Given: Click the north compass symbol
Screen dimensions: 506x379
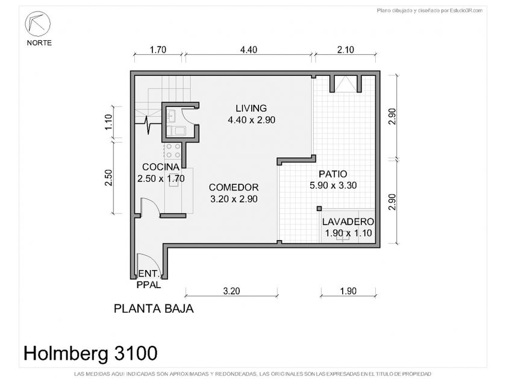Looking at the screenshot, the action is (38, 23).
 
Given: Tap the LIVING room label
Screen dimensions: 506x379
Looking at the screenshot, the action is (251, 108).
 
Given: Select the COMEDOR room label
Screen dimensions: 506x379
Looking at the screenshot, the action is (234, 187).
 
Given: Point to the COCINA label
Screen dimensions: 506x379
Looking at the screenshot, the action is (161, 167).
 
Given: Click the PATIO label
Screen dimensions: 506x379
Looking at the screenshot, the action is (333, 174).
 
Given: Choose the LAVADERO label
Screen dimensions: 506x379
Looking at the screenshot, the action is (348, 222).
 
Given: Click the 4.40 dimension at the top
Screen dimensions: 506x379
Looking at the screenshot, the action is (248, 49).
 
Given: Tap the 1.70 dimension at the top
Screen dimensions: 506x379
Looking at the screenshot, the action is (158, 49).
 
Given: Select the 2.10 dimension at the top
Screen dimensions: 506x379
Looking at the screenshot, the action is (346, 49).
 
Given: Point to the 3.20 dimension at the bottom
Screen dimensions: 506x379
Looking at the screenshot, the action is (231, 291).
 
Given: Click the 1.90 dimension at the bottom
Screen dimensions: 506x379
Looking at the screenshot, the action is (348, 291).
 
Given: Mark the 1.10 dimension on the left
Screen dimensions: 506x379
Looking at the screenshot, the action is (108, 122).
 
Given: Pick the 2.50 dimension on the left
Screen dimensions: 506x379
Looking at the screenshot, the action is (108, 178).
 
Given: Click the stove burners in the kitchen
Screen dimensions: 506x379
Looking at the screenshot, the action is (173, 151).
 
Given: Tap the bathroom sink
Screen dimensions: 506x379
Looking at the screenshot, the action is (171, 116).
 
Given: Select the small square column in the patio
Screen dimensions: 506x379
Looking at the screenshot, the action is (319, 209).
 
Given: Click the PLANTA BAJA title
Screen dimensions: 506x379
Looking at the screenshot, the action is (154, 309).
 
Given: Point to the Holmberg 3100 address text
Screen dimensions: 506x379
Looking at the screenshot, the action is (91, 353).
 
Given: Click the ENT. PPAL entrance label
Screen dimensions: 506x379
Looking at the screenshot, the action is (149, 279).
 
